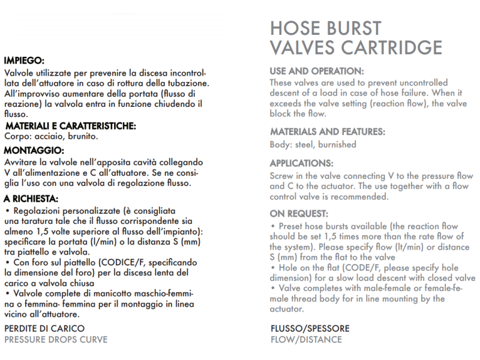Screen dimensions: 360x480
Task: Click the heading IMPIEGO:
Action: pyautogui.click(x=25, y=61)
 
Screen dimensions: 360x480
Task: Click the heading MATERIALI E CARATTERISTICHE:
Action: pyautogui.click(x=71, y=126)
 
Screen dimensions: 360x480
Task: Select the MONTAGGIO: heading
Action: pyautogui.click(x=34, y=150)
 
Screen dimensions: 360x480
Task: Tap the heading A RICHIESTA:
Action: pyautogui.click(x=31, y=199)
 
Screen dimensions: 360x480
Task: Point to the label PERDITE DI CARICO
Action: pyautogui.click(x=44, y=329)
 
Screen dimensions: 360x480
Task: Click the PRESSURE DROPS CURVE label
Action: pyautogui.click(x=56, y=340)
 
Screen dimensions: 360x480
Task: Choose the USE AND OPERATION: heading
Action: pyautogui.click(x=317, y=71)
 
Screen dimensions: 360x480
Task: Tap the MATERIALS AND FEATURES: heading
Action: pyautogui.click(x=328, y=131)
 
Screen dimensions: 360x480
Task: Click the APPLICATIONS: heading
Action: pyautogui.click(x=302, y=163)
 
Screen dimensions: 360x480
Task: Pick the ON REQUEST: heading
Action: pyautogui.click(x=299, y=214)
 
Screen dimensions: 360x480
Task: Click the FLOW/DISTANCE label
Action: pyautogui.click(x=306, y=340)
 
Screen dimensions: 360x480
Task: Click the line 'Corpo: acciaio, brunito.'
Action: pyautogui.click(x=51, y=137)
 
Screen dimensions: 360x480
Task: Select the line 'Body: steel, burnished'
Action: pyautogui.click(x=313, y=145)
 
